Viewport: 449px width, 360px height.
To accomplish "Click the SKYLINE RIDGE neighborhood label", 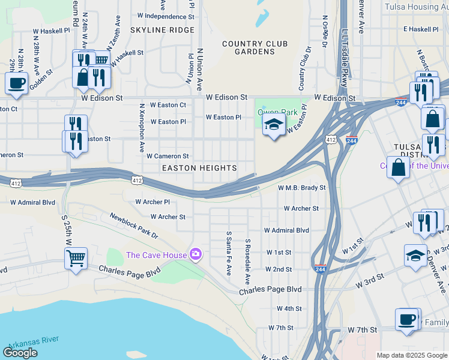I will tap(162, 30).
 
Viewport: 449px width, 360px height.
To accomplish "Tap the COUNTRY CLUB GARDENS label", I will tap(255, 48).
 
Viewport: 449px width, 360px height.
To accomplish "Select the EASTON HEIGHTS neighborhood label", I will tap(199, 168).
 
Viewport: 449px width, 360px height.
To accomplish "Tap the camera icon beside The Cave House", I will tap(195, 255).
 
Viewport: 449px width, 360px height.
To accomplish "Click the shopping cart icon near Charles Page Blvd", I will tap(76, 259).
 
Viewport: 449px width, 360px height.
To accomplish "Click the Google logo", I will tap(20, 353).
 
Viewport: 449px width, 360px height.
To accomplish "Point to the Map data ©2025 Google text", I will tap(411, 355).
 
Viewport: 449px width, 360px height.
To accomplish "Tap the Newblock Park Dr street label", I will tap(133, 225).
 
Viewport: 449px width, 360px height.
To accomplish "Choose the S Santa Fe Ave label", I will tap(229, 253).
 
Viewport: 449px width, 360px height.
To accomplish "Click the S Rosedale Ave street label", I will tap(247, 261).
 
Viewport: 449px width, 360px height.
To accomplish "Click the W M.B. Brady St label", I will tap(301, 188).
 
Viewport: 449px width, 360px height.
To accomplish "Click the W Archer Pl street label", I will tap(152, 202).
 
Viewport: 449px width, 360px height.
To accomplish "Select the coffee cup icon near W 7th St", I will tap(407, 319).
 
